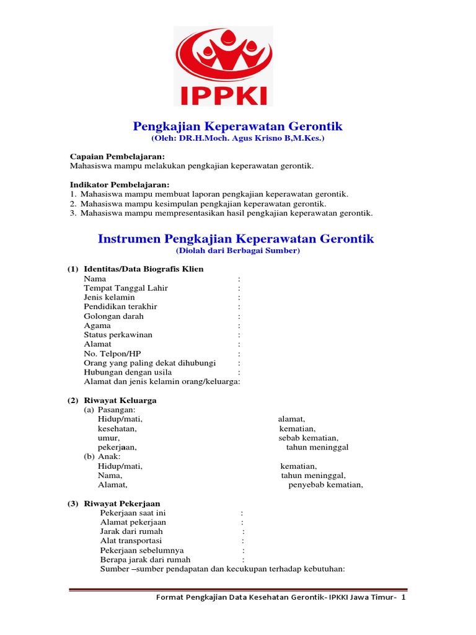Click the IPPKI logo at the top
(223, 66)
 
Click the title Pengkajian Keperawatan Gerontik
(238, 127)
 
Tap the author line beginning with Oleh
(238, 138)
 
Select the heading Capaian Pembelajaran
(117, 157)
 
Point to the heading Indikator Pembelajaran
(119, 185)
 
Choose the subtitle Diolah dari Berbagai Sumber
(238, 251)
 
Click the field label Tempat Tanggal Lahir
(126, 288)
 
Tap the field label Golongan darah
(113, 316)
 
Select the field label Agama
(97, 325)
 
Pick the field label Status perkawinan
(118, 334)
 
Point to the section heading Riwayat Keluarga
(120, 400)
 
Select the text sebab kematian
(308, 438)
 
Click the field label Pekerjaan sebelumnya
(141, 550)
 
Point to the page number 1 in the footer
(403, 597)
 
